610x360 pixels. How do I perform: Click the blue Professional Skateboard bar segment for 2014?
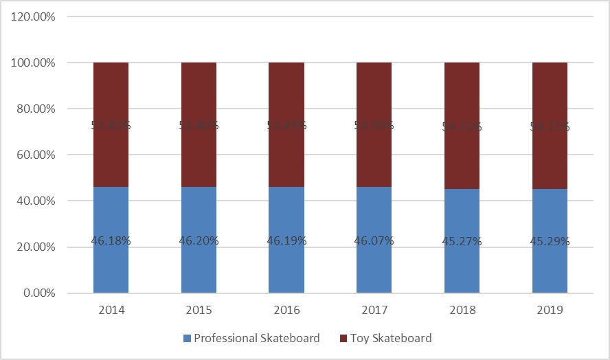coord(111,268)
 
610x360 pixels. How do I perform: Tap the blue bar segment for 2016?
coord(286,268)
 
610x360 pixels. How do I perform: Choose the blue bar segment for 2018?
coord(462,268)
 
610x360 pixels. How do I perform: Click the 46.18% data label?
coord(111,241)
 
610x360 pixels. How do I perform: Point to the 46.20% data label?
coord(199,241)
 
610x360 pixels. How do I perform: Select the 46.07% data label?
coord(374,241)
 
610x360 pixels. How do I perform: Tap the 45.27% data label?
coord(462,241)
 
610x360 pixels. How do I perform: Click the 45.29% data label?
coord(550,241)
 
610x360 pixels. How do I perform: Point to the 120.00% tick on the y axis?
coord(34,16)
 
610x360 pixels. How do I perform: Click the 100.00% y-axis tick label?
coord(34,63)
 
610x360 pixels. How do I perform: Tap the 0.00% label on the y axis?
coord(38,293)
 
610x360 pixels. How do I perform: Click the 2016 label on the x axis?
coord(286,310)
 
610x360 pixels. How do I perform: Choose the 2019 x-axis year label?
coord(550,310)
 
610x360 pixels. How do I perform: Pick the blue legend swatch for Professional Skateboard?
coord(187,339)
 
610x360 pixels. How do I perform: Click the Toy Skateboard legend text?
coord(391,338)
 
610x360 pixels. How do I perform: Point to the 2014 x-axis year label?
coord(111,310)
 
